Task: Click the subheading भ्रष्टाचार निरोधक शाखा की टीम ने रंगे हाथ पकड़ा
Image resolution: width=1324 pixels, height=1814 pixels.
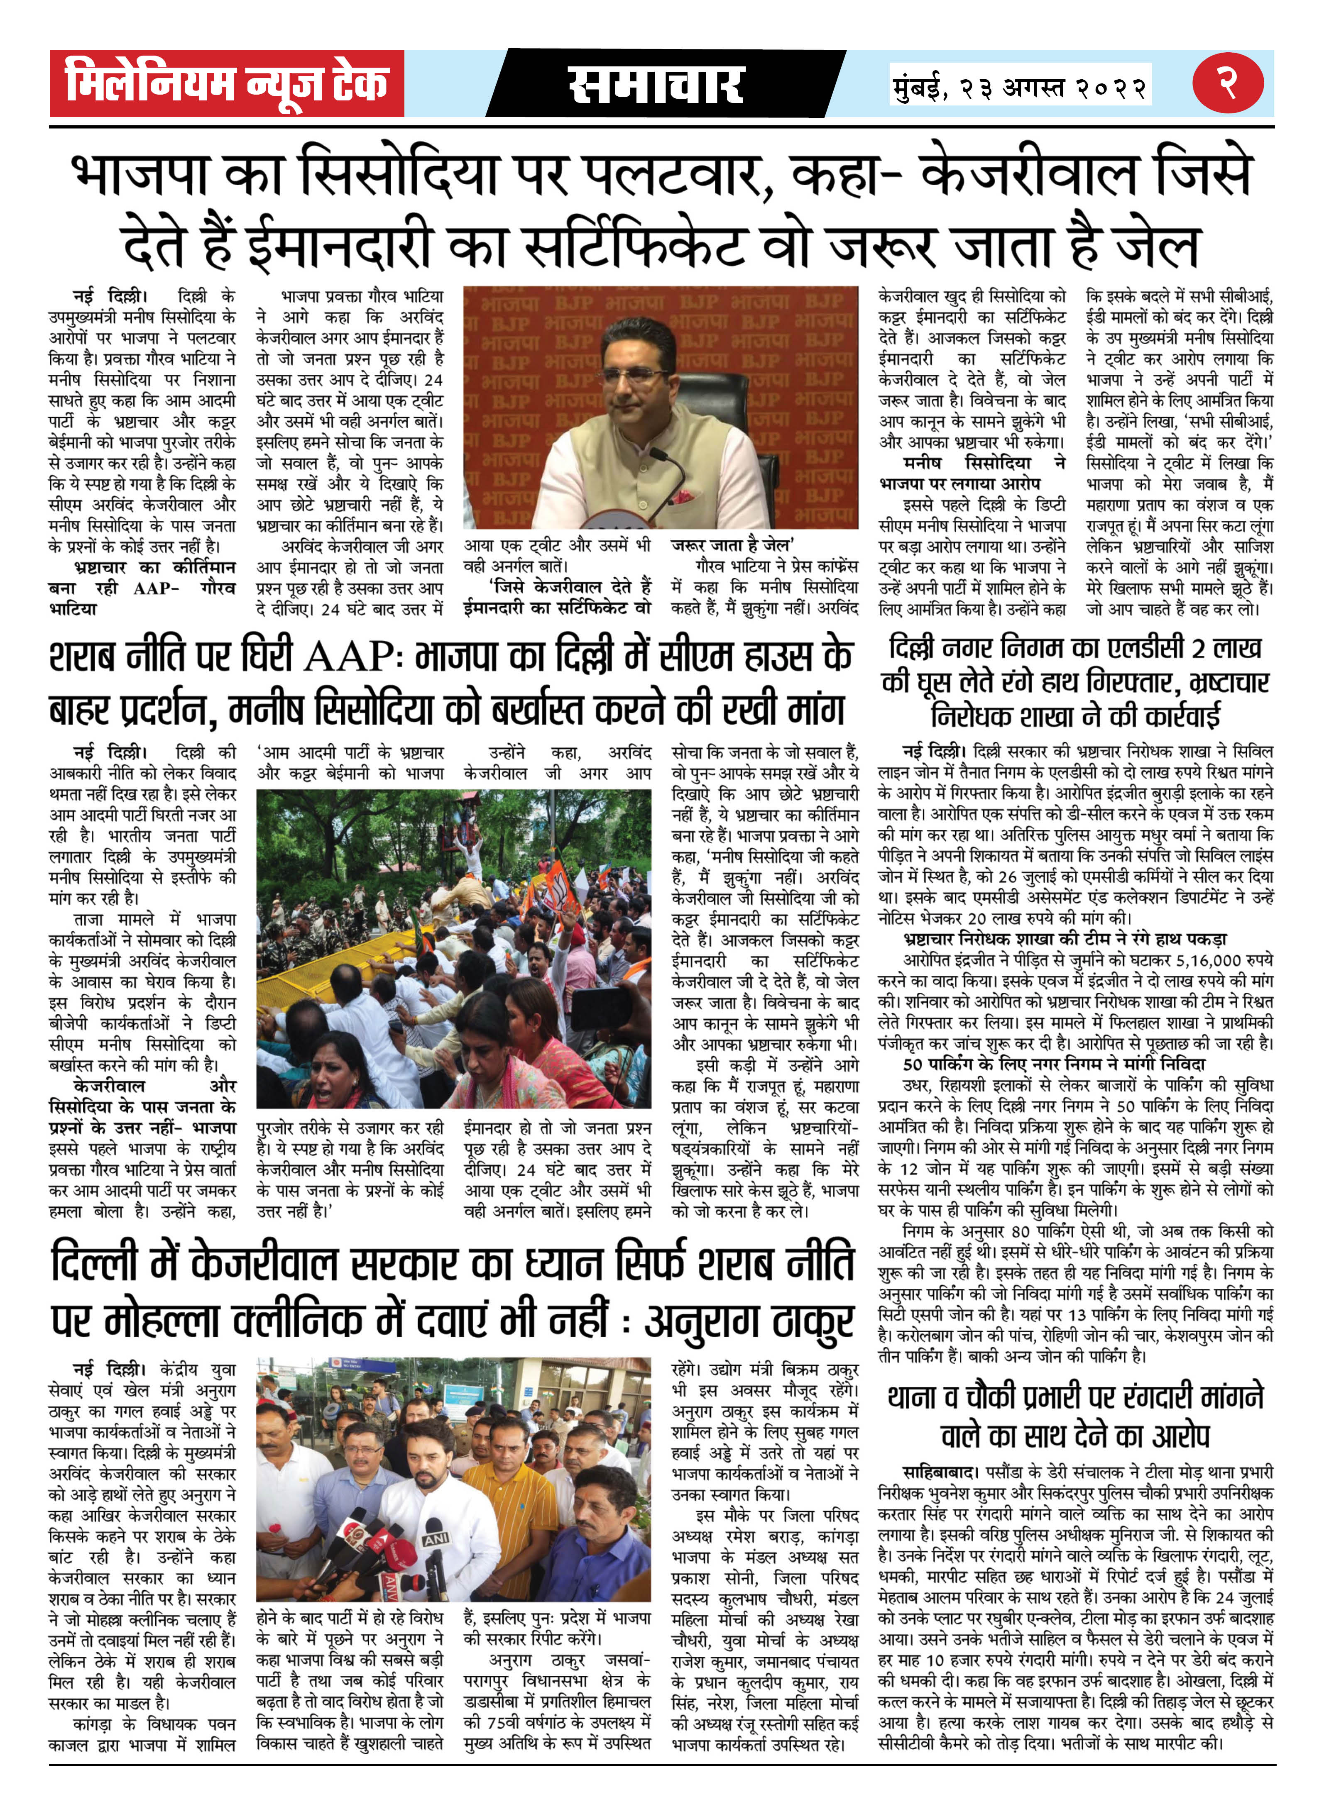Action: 1065,939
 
